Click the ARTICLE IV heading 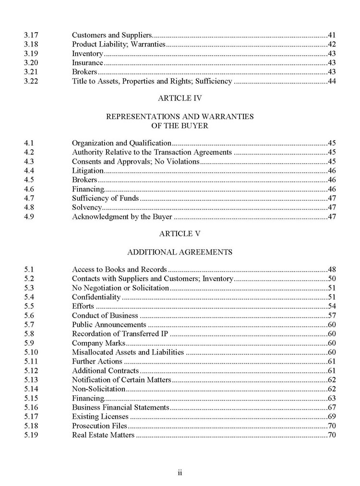click(180, 98)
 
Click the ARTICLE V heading click(180, 234)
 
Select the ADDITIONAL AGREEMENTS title click(180, 252)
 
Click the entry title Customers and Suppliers click(112, 35)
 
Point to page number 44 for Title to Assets click(332, 81)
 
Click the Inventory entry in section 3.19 click(87, 53)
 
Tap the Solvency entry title click(87, 207)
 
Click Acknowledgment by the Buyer click(122, 216)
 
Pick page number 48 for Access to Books click(332, 269)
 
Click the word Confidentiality click(96, 297)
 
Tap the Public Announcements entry click(109, 325)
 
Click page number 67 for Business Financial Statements click(332, 407)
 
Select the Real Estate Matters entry click(103, 435)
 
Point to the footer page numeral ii click(180, 473)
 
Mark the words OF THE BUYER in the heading click(180, 125)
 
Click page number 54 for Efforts click(332, 306)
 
